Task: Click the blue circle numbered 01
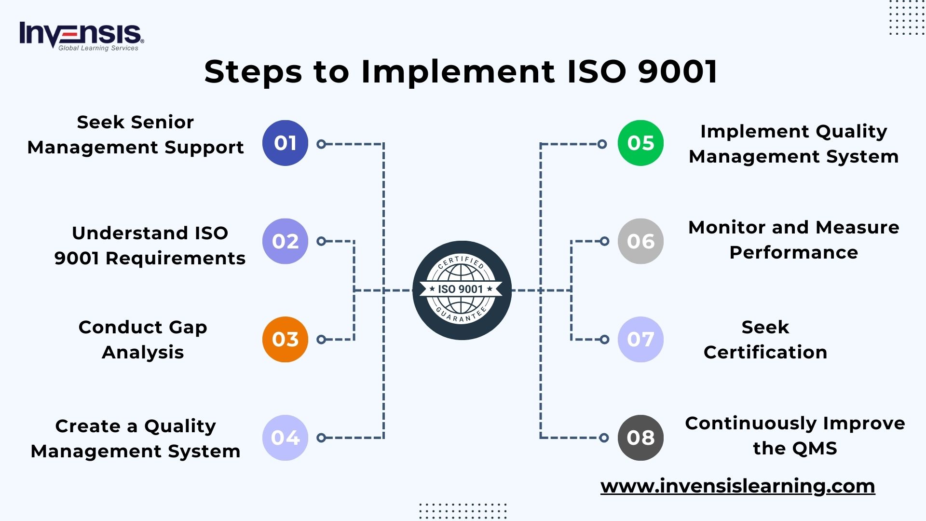coord(285,143)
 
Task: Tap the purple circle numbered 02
coord(285,241)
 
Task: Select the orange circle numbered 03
coord(285,339)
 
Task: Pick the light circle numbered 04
coord(285,438)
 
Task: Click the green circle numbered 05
coord(640,143)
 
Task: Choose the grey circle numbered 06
coord(640,241)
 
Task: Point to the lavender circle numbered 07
coord(640,339)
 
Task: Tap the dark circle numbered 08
coord(640,438)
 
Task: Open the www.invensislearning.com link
coord(737,486)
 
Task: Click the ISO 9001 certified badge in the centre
coord(462,290)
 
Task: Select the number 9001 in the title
coord(678,72)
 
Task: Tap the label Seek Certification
coord(765,340)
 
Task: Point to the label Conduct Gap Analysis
coord(143,340)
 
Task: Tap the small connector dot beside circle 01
coord(321,144)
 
